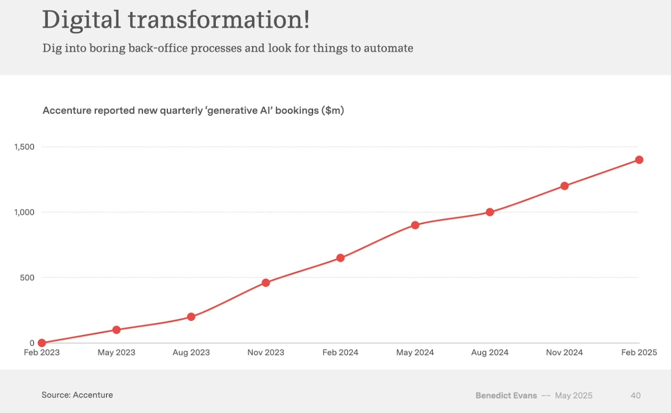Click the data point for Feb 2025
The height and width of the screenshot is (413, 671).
click(639, 159)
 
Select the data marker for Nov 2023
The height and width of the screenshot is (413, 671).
click(266, 282)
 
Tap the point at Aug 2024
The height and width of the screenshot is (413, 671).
click(490, 212)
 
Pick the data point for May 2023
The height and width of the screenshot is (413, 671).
click(116, 330)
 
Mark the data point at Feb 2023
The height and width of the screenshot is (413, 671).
click(42, 343)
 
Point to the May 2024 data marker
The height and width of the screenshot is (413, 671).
click(415, 225)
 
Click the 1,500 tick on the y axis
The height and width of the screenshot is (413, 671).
click(24, 147)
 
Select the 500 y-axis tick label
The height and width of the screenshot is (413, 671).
click(27, 278)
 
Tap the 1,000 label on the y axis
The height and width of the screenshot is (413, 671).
click(24, 212)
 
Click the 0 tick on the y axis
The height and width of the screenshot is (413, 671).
click(32, 343)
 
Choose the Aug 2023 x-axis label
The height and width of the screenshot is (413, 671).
click(191, 352)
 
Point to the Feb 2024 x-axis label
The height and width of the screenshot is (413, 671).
click(340, 352)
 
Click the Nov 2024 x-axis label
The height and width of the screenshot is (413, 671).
click(564, 352)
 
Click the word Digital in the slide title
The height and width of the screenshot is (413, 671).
click(81, 20)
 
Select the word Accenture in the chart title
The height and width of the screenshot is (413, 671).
click(67, 110)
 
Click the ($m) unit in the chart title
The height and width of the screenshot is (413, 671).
click(332, 110)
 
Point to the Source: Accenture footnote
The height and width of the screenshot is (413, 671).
click(77, 395)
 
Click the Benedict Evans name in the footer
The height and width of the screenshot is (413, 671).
click(506, 396)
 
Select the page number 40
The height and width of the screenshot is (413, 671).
click(636, 396)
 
